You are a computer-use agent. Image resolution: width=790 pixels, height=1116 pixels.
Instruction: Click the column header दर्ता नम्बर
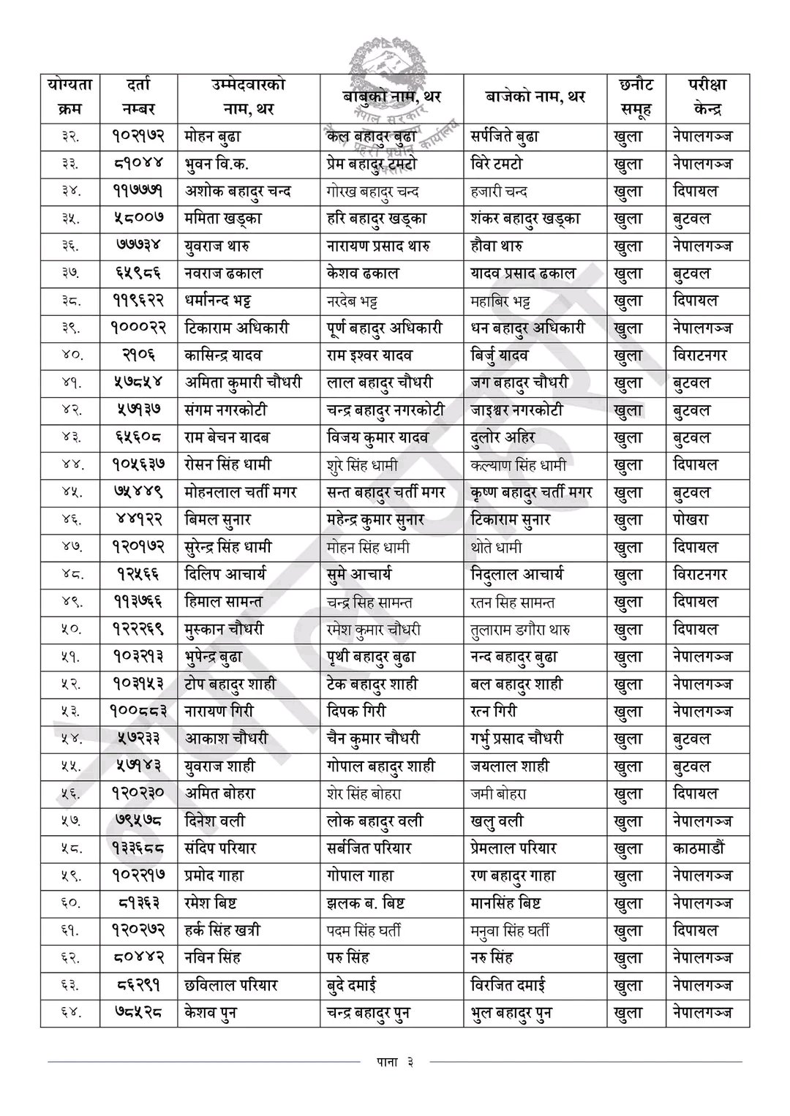pyautogui.click(x=138, y=97)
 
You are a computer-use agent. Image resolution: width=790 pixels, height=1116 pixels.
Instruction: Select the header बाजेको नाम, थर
pyautogui.click(x=535, y=97)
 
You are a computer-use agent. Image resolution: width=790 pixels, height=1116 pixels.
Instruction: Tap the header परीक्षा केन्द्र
pyautogui.click(x=707, y=97)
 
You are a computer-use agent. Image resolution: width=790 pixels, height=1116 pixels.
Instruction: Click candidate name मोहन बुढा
pyautogui.click(x=213, y=136)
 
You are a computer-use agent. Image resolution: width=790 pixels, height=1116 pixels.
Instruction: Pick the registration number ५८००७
pyautogui.click(x=138, y=218)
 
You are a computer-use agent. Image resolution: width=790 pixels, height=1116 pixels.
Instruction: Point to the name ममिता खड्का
pyautogui.click(x=223, y=218)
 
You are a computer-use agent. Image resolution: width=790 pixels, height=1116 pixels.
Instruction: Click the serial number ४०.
pyautogui.click(x=70, y=355)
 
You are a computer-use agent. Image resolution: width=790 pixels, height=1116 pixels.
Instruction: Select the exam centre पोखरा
pyautogui.click(x=691, y=520)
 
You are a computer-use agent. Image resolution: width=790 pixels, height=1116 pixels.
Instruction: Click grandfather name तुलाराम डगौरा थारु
pyautogui.click(x=521, y=629)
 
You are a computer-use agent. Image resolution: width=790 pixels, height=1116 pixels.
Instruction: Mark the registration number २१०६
pyautogui.click(x=138, y=355)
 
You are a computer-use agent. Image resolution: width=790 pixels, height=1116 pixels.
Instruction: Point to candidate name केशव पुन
pyautogui.click(x=211, y=1013)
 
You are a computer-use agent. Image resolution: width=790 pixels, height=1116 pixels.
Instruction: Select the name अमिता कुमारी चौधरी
pyautogui.click(x=243, y=382)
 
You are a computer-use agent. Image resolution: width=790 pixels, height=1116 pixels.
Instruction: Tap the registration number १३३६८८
pyautogui.click(x=138, y=848)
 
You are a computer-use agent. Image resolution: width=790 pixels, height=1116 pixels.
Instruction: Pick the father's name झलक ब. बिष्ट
pyautogui.click(x=366, y=903)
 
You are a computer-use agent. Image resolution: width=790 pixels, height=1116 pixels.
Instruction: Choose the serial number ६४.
pyautogui.click(x=70, y=1013)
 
